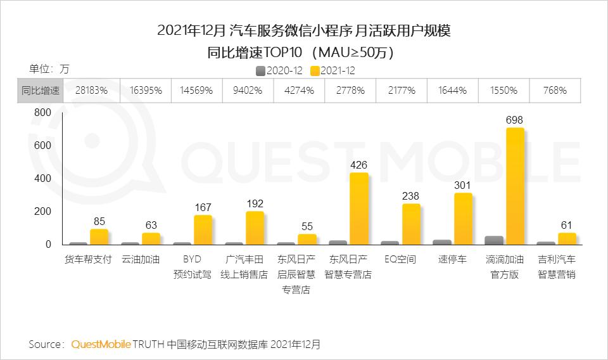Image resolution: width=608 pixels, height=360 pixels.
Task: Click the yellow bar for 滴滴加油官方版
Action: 515,186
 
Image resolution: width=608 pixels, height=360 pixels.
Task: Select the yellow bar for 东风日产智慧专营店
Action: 358,209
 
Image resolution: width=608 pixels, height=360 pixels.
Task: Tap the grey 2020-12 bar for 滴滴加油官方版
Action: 494,240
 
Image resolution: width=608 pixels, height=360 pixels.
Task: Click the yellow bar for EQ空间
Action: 411,224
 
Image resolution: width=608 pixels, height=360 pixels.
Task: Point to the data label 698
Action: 514,120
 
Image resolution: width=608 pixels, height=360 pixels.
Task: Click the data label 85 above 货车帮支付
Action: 99,222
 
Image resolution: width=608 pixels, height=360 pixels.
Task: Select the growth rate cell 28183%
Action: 91,91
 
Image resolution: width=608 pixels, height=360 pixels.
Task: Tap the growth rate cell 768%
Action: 554,91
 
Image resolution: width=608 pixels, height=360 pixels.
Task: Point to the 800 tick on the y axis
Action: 42,112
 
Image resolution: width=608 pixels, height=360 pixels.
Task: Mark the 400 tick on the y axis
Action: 42,178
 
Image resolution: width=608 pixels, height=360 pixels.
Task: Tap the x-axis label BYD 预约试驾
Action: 193,267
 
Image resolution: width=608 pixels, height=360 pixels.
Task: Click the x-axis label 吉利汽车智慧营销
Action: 557,267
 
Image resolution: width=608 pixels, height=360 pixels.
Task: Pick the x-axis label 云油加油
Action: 141,260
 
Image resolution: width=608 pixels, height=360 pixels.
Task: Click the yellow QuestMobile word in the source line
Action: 101,344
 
